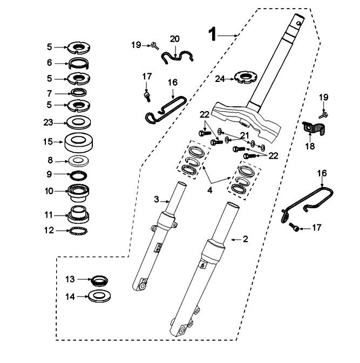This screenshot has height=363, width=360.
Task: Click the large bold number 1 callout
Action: pos(213,35)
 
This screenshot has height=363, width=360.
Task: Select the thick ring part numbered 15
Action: pos(79,142)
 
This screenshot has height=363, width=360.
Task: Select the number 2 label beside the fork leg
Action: pos(245,238)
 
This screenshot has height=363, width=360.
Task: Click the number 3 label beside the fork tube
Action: pos(157,200)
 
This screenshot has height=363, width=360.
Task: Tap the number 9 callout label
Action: pos(49,174)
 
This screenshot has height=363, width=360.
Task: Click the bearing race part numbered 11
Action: pos(79,214)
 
